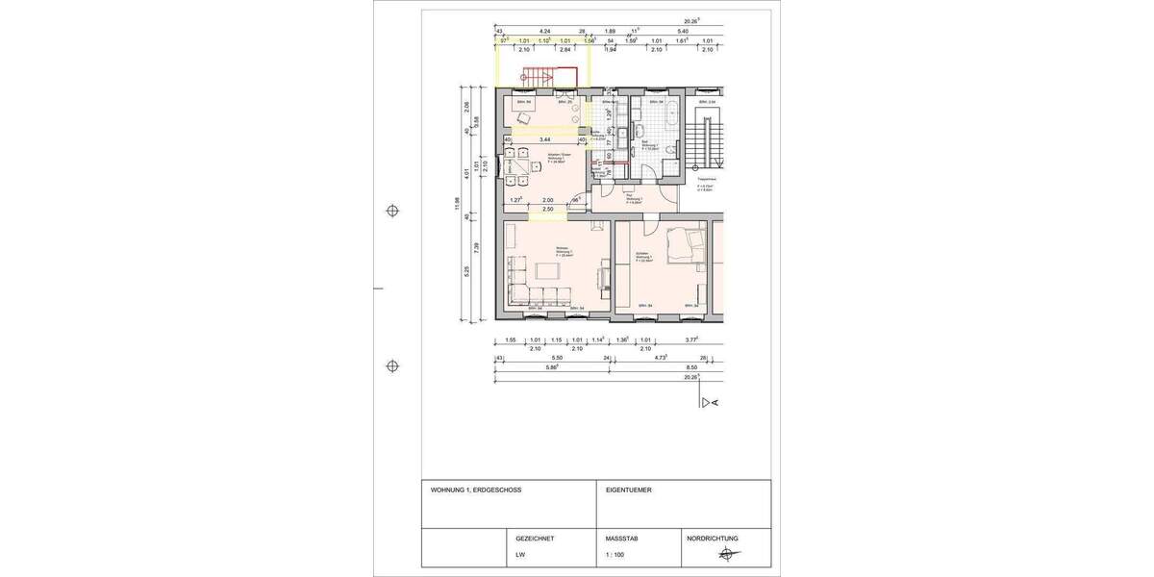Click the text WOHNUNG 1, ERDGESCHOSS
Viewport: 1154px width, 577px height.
coord(476,489)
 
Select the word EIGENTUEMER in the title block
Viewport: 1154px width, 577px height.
coord(628,489)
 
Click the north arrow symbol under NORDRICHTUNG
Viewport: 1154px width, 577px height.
coord(727,554)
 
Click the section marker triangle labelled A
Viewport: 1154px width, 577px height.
coord(710,402)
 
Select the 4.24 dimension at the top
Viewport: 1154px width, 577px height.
coord(545,32)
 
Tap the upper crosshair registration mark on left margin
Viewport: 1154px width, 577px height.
coord(391,211)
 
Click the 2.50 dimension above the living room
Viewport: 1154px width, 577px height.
coord(547,209)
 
